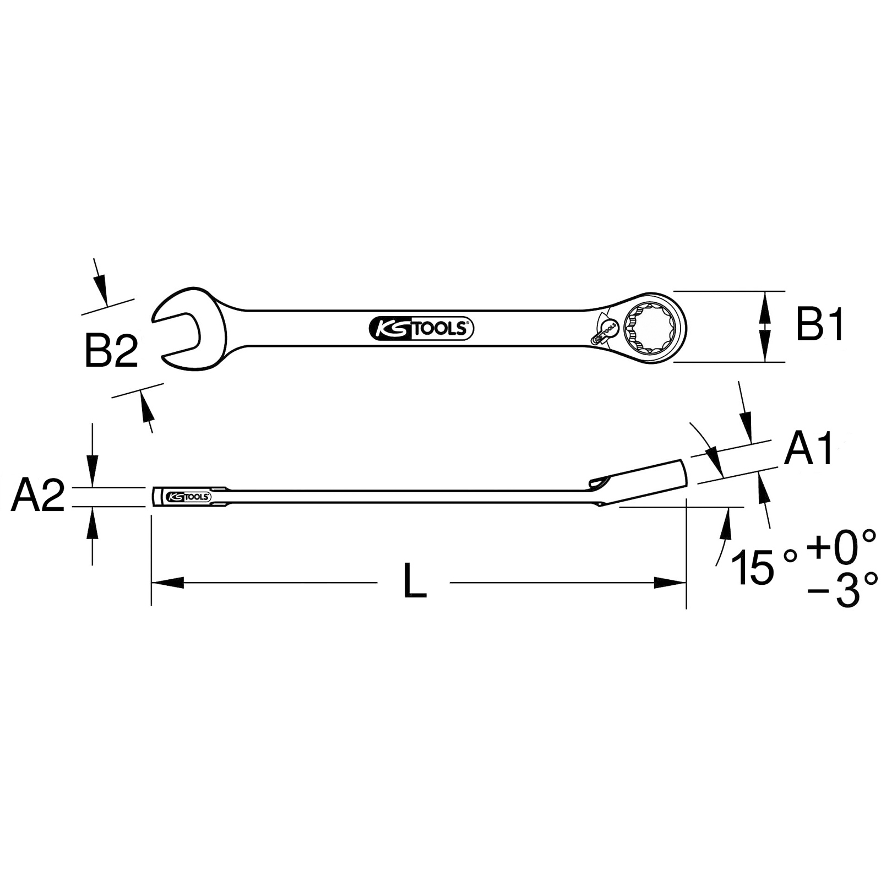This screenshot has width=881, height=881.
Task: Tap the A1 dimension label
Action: (809, 449)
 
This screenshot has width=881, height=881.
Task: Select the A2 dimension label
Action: (38, 496)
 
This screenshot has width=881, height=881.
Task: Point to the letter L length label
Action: (415, 581)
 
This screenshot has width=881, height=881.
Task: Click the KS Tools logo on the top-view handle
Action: (421, 329)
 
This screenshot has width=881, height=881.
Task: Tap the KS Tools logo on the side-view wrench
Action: (188, 497)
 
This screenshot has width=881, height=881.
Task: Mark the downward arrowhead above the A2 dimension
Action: (93, 477)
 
